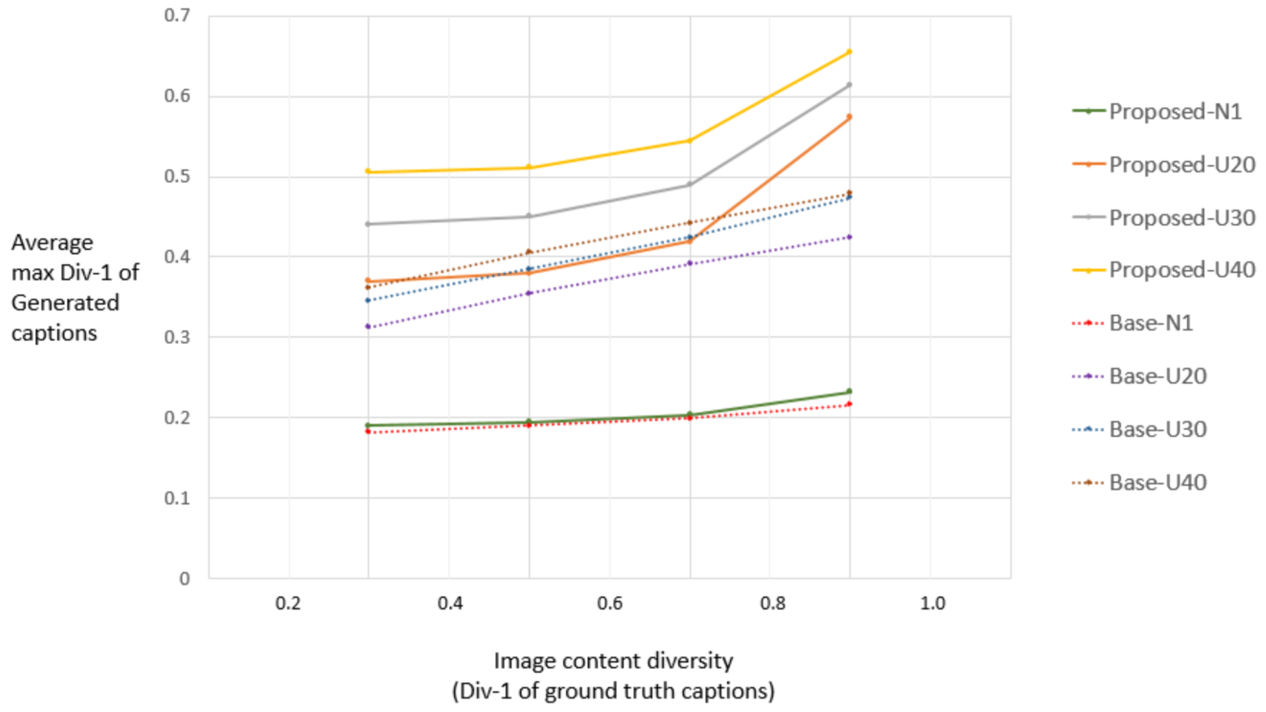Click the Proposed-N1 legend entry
click(1174, 112)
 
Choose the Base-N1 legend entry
click(1150, 323)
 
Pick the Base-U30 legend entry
click(1157, 429)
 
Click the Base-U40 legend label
click(1157, 482)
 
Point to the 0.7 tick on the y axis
click(177, 16)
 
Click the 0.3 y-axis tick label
click(177, 337)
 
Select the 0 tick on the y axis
click(184, 579)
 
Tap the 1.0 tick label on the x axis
click(932, 603)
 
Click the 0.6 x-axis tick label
click(610, 603)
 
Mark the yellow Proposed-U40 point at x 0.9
click(849, 52)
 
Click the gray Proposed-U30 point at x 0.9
click(849, 85)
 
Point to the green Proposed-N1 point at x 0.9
click(849, 392)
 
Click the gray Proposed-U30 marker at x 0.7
click(689, 184)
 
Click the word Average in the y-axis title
click(52, 243)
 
